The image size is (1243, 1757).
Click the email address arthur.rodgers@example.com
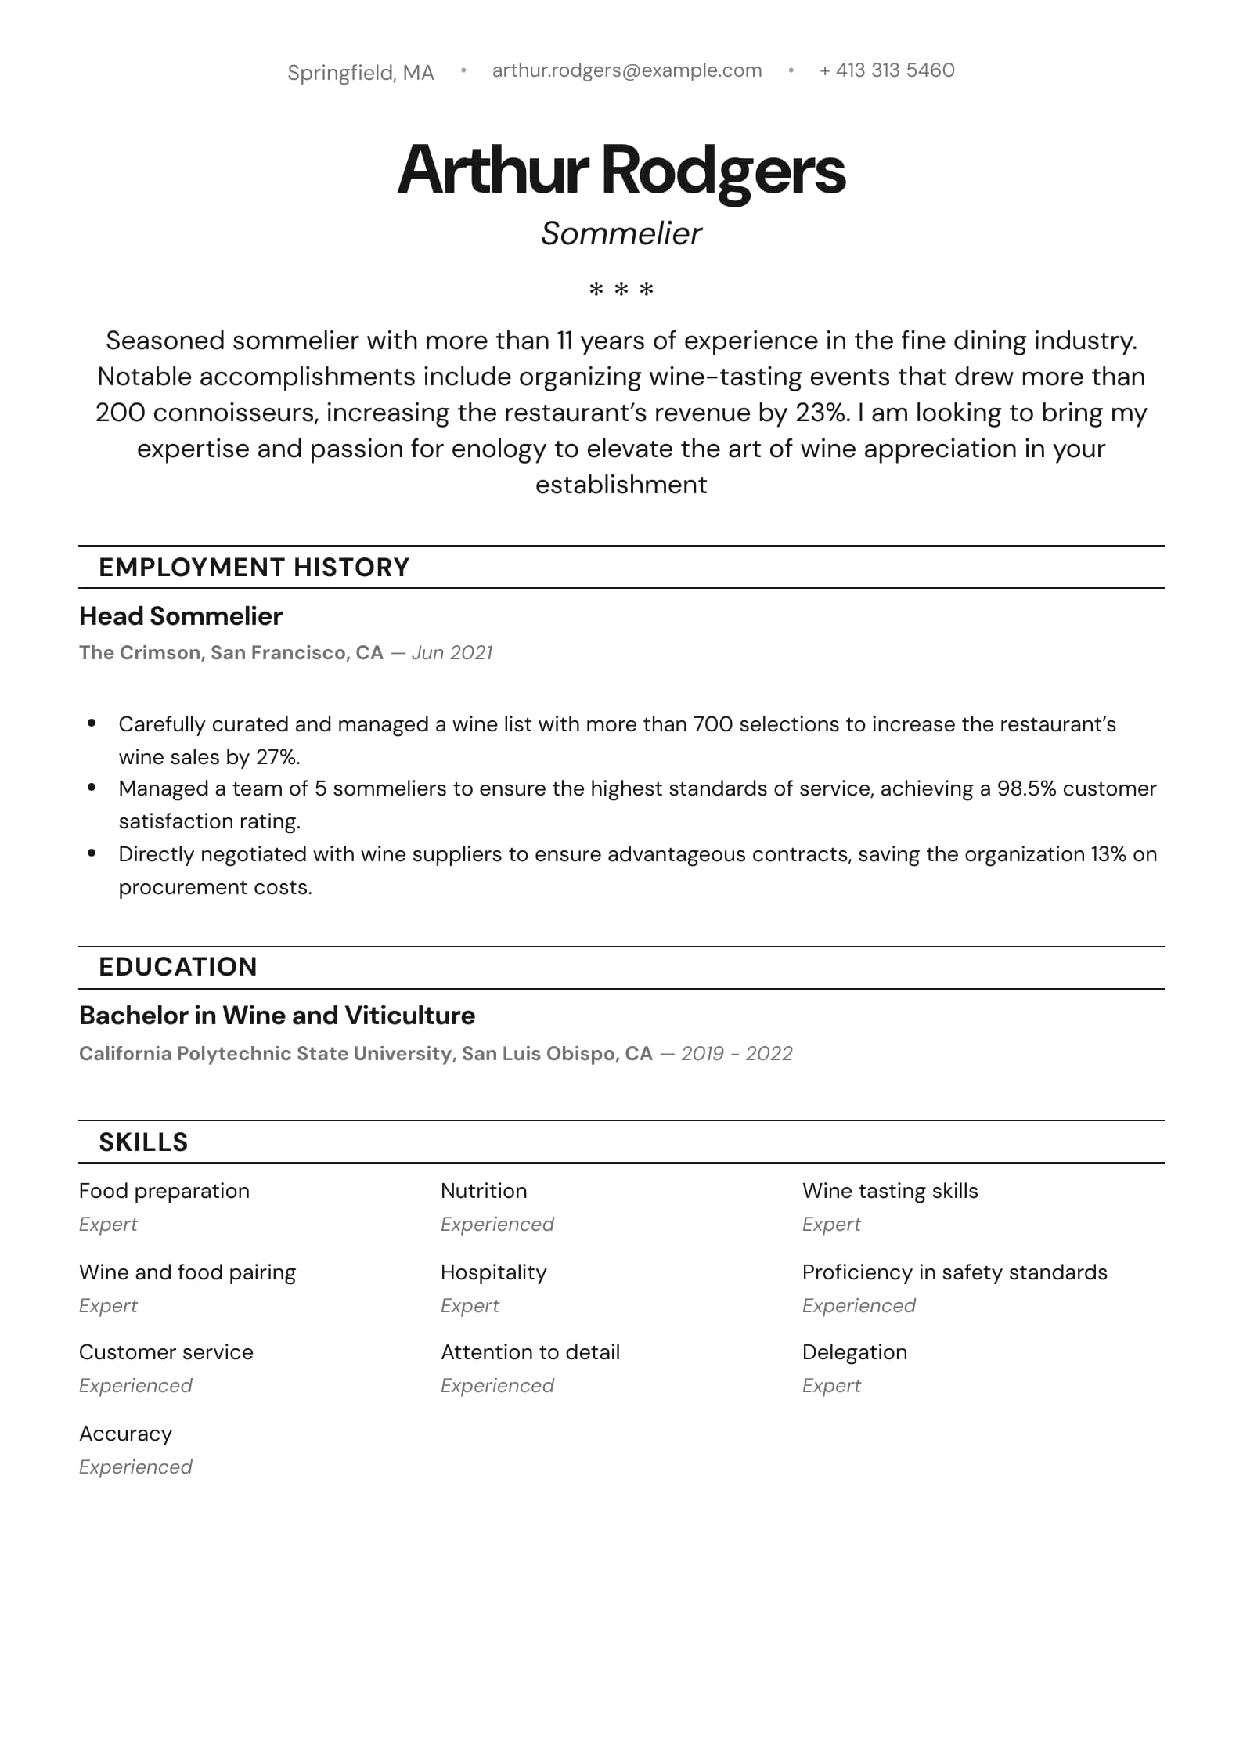point(626,70)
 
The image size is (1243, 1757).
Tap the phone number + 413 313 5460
point(887,70)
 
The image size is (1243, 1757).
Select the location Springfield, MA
point(360,73)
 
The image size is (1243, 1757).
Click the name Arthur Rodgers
point(621,170)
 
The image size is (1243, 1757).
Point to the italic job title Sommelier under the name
point(621,233)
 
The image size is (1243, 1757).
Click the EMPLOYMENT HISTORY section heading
point(254,567)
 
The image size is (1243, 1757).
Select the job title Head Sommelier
point(180,616)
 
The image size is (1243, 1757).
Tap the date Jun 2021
point(452,653)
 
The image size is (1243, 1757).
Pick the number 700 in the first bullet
point(712,724)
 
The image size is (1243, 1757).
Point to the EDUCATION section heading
point(178,967)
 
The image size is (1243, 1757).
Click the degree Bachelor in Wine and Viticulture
point(276,1016)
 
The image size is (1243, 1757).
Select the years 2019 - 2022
point(737,1054)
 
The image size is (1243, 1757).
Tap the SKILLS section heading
point(143,1142)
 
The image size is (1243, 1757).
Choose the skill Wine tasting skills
point(890,1191)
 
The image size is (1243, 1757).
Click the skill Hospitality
point(493,1272)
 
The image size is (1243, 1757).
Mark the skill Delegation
point(854,1352)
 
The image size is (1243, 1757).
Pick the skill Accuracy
point(125,1434)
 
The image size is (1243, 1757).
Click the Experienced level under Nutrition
point(497,1225)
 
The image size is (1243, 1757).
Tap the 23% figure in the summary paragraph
point(821,413)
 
